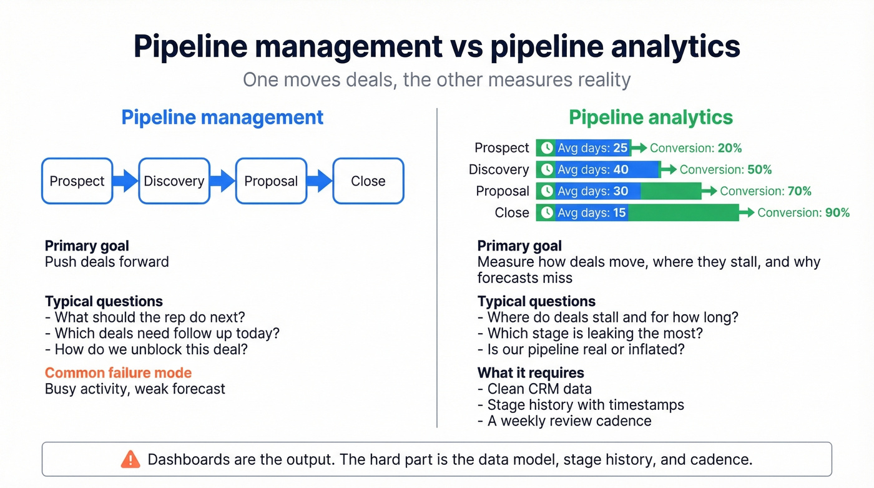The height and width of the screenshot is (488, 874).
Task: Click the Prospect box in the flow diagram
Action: tap(77, 181)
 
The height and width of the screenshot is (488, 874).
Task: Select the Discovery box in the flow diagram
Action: tap(174, 181)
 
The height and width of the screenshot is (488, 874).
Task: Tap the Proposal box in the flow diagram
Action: tap(271, 181)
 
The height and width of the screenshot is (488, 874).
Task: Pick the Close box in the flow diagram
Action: tap(368, 181)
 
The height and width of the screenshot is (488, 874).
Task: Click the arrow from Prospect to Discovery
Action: tap(125, 181)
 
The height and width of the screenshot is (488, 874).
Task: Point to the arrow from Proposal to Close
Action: tap(320, 181)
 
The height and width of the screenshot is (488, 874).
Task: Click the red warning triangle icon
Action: tap(130, 460)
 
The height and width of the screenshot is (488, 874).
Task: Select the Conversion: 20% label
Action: tap(695, 148)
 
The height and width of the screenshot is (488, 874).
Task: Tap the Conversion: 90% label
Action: tap(803, 212)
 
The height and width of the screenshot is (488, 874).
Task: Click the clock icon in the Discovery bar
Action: tap(547, 169)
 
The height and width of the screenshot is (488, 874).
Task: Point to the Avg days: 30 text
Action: tap(592, 191)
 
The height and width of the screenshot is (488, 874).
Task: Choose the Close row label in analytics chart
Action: tap(512, 212)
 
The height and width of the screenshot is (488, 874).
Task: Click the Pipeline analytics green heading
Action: tap(651, 117)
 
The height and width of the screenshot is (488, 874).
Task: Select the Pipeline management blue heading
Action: tap(222, 117)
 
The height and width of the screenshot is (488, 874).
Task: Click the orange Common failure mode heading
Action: tap(118, 373)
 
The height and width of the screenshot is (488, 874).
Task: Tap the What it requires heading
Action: tap(531, 373)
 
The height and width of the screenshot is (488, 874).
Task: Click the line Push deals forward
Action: tap(107, 262)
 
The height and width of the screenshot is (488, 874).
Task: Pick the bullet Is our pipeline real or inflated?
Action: tap(581, 349)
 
